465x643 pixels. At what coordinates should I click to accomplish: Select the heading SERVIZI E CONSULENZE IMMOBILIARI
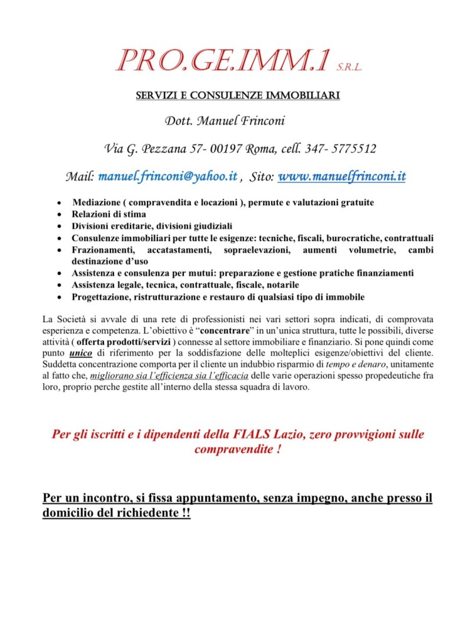238,95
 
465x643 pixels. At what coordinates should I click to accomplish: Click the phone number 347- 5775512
341,149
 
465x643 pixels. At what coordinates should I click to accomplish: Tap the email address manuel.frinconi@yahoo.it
168,176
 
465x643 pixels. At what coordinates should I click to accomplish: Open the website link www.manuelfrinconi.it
341,176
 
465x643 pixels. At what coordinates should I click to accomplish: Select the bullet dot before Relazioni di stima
58,215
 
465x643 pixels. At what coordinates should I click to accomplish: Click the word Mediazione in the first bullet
96,203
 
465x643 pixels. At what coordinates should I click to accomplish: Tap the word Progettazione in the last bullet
100,296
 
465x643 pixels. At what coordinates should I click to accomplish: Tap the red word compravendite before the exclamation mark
231,450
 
